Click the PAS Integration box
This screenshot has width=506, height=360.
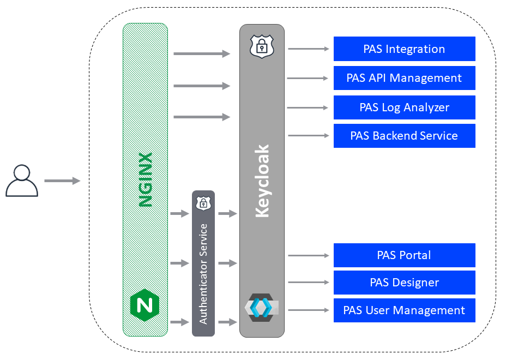coord(404,49)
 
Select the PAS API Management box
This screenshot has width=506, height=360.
coord(404,78)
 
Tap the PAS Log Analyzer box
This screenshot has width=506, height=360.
coord(404,107)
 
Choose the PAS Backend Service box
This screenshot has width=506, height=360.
coord(404,136)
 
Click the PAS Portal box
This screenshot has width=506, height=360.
coord(404,255)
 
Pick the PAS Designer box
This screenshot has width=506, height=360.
coord(404,283)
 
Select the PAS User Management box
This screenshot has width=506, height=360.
coord(404,310)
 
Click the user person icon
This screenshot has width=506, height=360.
coord(22,181)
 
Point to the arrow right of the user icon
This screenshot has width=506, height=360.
coord(62,181)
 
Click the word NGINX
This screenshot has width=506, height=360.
coord(145,180)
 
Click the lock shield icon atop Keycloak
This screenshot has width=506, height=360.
coord(262,46)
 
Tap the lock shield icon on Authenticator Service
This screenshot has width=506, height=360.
coord(203,203)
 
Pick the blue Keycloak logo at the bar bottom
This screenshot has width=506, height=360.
coord(261,308)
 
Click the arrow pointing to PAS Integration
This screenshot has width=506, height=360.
coord(309,49)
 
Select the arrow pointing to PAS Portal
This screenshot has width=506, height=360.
coord(309,255)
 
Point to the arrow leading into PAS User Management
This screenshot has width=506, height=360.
coord(309,310)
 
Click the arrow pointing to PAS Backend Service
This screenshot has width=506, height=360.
coord(309,135)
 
